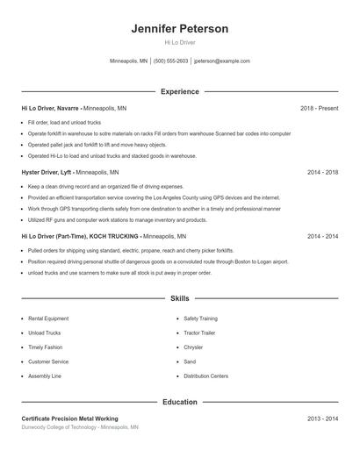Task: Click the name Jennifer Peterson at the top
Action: (180, 29)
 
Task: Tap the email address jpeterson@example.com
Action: (221, 61)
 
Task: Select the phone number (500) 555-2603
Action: (170, 61)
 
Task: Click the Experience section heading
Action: (180, 91)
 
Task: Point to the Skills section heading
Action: (180, 299)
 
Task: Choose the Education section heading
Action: (180, 402)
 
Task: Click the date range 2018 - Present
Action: (319, 108)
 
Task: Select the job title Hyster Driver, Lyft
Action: (47, 173)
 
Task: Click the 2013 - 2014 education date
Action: (322, 418)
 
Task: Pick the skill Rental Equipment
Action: (47, 318)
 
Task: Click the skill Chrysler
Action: (194, 347)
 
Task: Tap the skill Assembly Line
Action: (45, 376)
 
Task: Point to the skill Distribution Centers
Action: (206, 376)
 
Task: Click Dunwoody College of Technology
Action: (59, 427)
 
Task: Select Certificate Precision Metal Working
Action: (69, 418)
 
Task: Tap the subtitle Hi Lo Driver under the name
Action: (180, 43)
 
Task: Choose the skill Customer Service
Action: (48, 361)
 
